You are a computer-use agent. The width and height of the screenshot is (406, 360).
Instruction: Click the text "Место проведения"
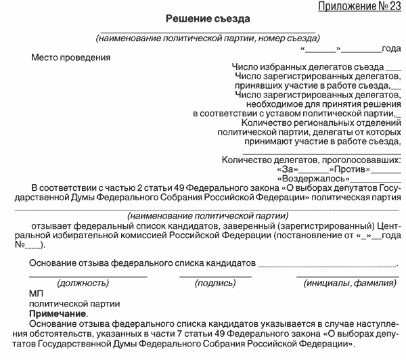click(71, 57)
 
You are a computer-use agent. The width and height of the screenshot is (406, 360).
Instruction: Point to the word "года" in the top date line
click(391, 48)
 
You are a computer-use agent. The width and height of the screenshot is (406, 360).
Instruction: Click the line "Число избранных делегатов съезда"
click(307, 67)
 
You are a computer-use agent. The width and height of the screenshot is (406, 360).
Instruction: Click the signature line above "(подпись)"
click(215, 277)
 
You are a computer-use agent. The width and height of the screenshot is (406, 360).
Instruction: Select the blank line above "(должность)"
click(87, 277)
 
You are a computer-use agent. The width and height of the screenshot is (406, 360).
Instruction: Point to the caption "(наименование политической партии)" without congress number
click(203, 214)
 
